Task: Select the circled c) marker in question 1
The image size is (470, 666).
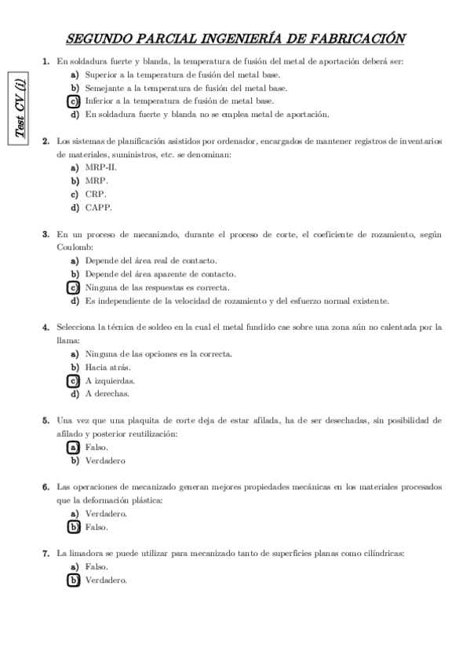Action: coord(74,101)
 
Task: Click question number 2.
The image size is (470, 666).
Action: coord(46,141)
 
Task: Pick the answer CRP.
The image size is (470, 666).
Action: coord(97,194)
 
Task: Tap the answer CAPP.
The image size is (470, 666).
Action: coord(99,207)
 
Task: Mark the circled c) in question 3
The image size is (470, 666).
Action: coord(74,287)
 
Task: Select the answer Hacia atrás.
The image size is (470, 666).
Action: coord(107,367)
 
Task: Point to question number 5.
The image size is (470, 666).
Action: coord(46,421)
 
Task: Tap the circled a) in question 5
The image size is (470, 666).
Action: coord(74,448)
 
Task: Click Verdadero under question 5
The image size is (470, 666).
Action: coord(105,460)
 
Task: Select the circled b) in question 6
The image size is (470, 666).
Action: coord(74,526)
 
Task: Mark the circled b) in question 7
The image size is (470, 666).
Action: coord(74,580)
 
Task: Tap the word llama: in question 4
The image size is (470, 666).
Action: coord(67,340)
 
